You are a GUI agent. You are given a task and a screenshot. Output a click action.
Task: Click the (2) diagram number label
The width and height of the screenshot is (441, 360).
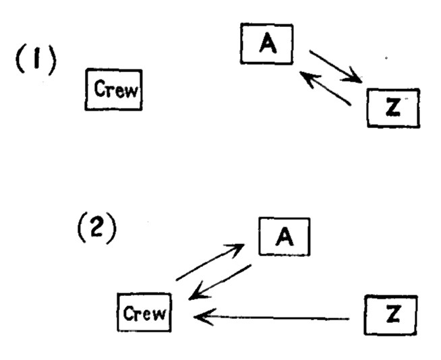pos(96,230)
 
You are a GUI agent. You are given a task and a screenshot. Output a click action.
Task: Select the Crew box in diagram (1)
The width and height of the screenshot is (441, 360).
pos(113,90)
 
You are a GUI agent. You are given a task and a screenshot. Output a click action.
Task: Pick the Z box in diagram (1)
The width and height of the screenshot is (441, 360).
pos(393,107)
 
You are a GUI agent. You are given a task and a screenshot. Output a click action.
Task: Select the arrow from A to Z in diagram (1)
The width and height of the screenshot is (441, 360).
pos(334,65)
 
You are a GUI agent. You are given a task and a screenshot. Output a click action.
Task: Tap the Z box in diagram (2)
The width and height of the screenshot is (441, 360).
pos(391,313)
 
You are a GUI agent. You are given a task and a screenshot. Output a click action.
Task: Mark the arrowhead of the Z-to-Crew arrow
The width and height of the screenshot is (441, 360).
pos(198,315)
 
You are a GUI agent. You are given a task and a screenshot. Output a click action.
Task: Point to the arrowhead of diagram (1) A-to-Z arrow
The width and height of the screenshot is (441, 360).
pos(357,79)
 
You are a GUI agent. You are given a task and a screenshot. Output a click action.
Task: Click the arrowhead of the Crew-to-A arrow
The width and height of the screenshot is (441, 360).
pos(238,248)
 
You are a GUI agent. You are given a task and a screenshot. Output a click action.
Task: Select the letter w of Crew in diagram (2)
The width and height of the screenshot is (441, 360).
pos(159,314)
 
